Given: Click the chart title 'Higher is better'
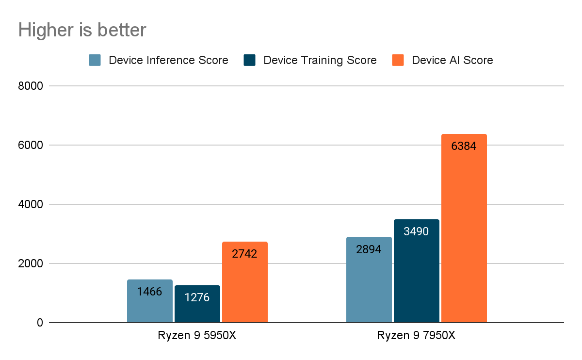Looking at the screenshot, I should pyautogui.click(x=82, y=30).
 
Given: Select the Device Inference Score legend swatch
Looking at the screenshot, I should pyautogui.click(x=95, y=60).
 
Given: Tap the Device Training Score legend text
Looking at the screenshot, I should pyautogui.click(x=320, y=60).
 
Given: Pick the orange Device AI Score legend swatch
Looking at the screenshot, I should pyautogui.click(x=398, y=60).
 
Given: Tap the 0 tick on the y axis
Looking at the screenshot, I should pyautogui.click(x=40, y=323).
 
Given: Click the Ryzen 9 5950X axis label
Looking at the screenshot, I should pyautogui.click(x=197, y=336).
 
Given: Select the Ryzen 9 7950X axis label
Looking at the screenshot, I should pyautogui.click(x=416, y=336).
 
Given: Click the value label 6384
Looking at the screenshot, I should pyautogui.click(x=464, y=146).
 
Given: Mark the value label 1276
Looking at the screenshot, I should pyautogui.click(x=197, y=297).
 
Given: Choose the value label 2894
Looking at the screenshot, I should pyautogui.click(x=369, y=249).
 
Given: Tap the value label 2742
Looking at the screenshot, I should pyautogui.click(x=244, y=254).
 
